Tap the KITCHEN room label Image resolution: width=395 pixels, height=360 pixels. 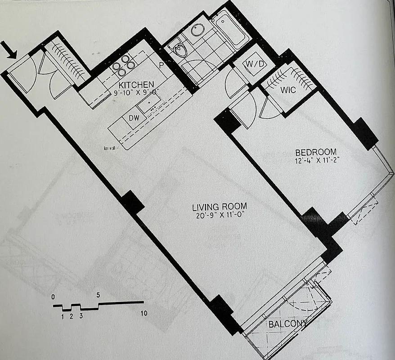(x=136, y=85)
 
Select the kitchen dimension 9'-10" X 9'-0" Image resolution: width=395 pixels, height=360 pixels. (x=137, y=93)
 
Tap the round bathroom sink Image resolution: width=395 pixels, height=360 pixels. (x=197, y=30)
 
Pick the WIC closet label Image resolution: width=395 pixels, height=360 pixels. (x=288, y=90)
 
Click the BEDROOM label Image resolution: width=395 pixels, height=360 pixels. (x=315, y=152)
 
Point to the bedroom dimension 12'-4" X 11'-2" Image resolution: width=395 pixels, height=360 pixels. (x=315, y=160)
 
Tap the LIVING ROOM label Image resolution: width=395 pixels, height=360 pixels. (x=219, y=207)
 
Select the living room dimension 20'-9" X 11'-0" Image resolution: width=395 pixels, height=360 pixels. (x=219, y=216)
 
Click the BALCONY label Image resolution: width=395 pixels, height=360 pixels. (x=288, y=324)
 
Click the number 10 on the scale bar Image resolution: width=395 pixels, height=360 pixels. (x=144, y=313)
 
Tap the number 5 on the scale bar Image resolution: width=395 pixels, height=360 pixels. (x=98, y=296)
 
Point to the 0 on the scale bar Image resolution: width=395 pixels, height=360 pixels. (x=54, y=297)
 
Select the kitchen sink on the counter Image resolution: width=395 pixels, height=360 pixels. (x=147, y=105)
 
